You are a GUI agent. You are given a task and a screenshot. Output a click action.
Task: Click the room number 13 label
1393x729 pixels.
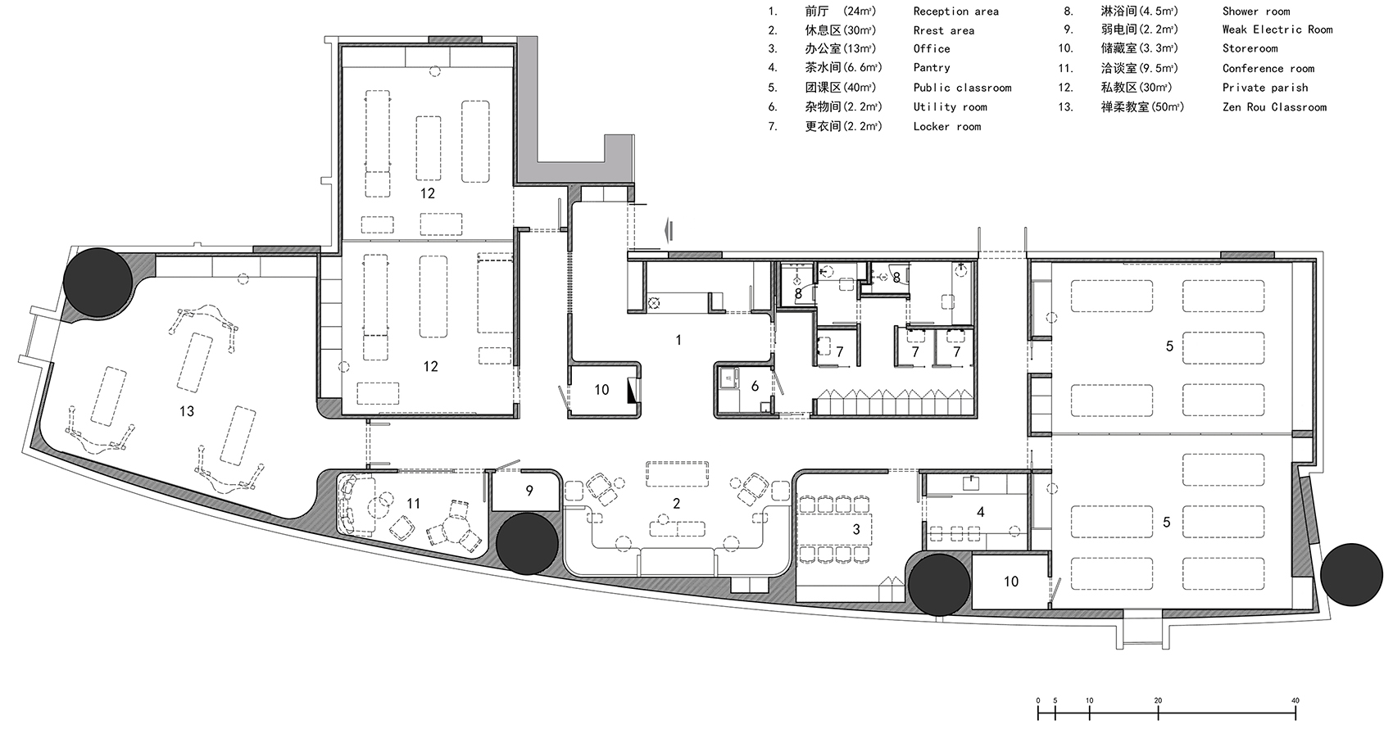(x=187, y=411)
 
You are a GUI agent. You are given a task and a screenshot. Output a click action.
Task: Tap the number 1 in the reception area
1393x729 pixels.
(x=678, y=340)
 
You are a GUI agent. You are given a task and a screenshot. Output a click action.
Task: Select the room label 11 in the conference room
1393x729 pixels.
(x=414, y=504)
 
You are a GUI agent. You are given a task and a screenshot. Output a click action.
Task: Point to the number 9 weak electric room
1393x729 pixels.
(x=529, y=491)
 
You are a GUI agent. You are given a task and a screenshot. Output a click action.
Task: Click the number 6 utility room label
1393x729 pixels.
(x=755, y=387)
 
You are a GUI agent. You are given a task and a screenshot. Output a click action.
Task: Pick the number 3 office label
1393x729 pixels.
(x=856, y=529)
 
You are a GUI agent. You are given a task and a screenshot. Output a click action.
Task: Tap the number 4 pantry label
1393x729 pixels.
(x=981, y=512)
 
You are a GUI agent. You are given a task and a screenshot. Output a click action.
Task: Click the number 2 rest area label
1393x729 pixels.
(x=677, y=504)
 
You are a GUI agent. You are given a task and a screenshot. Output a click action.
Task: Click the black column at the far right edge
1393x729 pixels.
(x=1351, y=574)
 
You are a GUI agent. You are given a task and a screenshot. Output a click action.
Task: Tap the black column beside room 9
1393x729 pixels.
(x=527, y=544)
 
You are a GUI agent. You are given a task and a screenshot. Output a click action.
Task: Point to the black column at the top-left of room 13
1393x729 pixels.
(x=98, y=282)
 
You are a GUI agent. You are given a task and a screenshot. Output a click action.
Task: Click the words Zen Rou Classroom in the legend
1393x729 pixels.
(x=1274, y=107)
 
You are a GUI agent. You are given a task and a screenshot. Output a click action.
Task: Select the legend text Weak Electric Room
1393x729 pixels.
(x=1277, y=29)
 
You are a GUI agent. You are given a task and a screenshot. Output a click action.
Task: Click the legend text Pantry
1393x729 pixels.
(x=932, y=67)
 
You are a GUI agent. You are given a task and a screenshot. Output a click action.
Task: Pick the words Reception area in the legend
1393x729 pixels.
(x=955, y=11)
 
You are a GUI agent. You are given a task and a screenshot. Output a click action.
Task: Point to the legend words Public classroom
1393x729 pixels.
(x=962, y=88)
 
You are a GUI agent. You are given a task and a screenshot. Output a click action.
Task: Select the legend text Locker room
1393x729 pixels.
(x=947, y=126)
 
